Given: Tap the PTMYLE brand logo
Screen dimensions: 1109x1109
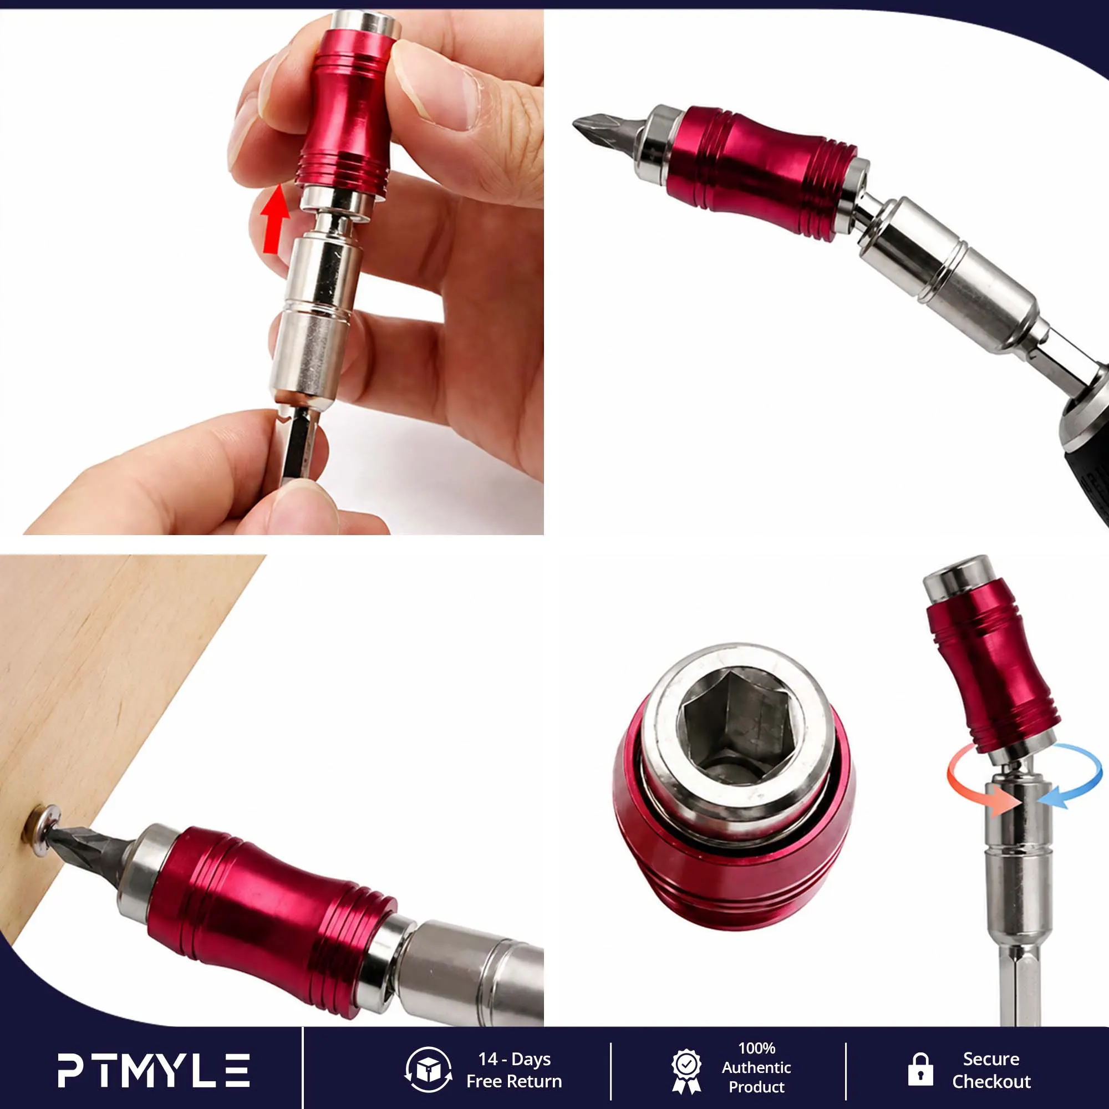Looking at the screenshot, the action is [x=153, y=1070].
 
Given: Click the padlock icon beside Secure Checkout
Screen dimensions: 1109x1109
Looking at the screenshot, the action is [x=920, y=1070].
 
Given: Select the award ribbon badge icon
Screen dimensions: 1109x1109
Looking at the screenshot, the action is [x=686, y=1071].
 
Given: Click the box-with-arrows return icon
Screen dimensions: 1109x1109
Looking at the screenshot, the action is [x=428, y=1070].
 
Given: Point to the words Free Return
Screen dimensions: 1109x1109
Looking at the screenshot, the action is [x=514, y=1081].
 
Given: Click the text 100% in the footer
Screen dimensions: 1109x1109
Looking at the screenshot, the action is [x=756, y=1048].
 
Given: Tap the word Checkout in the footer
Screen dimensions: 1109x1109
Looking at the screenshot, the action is [x=991, y=1081].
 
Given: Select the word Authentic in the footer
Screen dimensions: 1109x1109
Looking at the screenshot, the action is [x=756, y=1067].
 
